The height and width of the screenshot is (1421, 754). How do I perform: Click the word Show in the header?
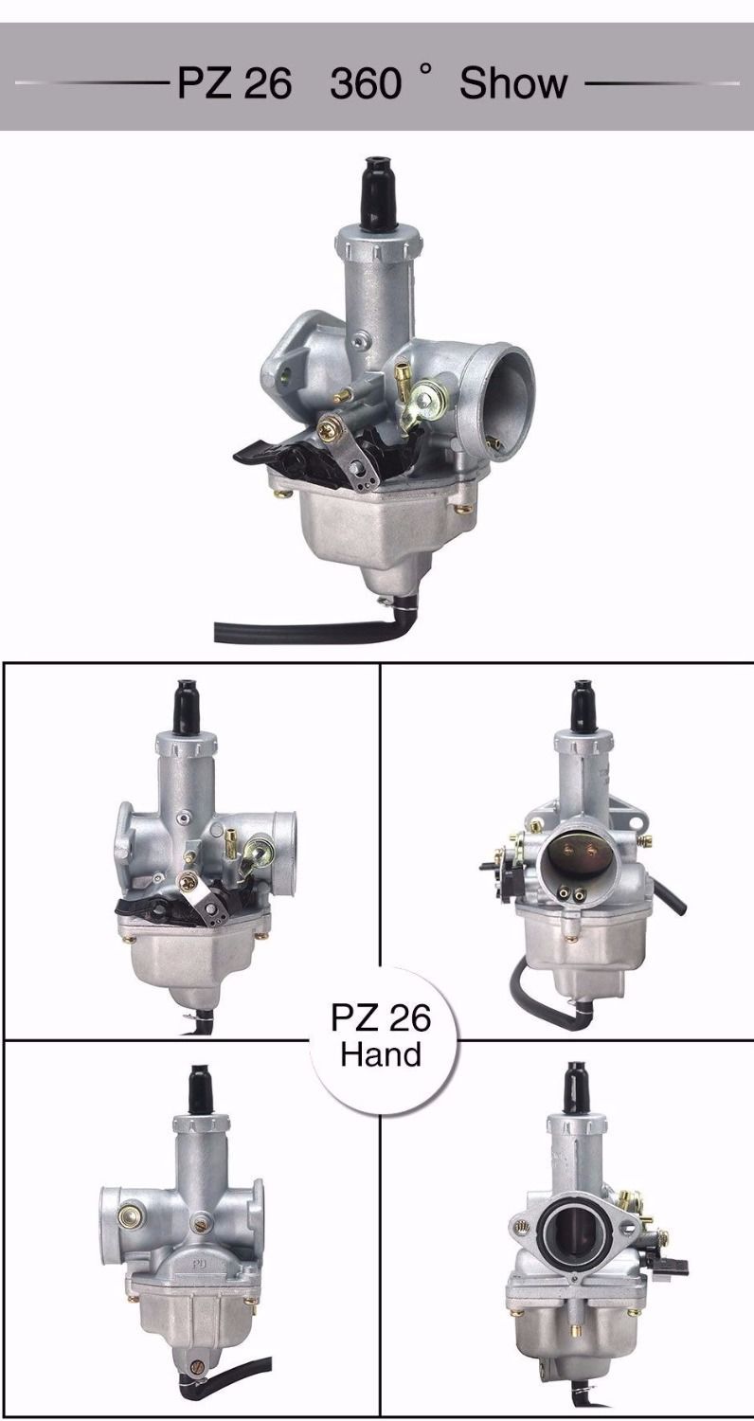pyautogui.click(x=513, y=83)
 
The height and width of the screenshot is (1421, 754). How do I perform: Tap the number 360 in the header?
pyautogui.click(x=366, y=84)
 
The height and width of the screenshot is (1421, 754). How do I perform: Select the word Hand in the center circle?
pyautogui.click(x=381, y=1054)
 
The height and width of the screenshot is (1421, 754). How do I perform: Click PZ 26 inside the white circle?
pyautogui.click(x=381, y=1017)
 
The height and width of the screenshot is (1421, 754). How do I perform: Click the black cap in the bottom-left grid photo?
pyautogui.click(x=201, y=1089)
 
